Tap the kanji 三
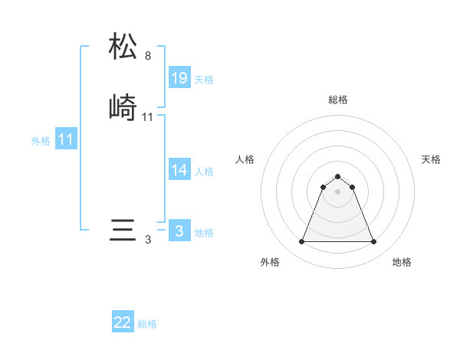[123, 231]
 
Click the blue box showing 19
[179, 77]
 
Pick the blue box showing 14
[179, 170]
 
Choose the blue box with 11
[66, 140]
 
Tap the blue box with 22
[123, 322]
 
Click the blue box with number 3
[179, 231]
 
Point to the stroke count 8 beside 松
[148, 56]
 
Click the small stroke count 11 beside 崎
[148, 117]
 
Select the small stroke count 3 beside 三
[148, 240]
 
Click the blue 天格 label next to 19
[204, 80]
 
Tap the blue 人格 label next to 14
[204, 172]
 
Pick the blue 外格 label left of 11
[41, 142]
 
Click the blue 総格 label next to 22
[147, 324]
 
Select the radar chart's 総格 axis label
[338, 100]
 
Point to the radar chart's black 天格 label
[431, 159]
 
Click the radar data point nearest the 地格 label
[373, 242]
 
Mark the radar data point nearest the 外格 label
[301, 242]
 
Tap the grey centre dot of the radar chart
[337, 191]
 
